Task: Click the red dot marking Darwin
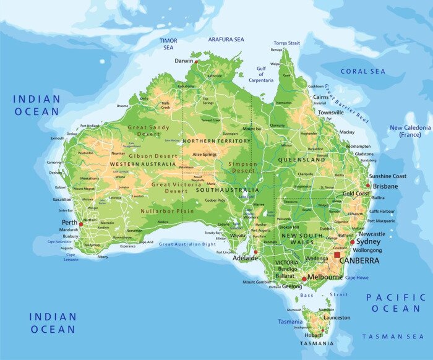[196, 61]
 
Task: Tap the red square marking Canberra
[337, 254]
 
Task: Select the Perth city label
[69, 222]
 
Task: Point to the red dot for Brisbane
[368, 186]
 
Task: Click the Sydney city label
[369, 242]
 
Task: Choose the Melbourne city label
[325, 277]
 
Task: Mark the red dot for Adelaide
[255, 252]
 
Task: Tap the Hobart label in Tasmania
[311, 335]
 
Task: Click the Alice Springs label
[205, 154]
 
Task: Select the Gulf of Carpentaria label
[262, 75]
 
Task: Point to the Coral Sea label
[362, 72]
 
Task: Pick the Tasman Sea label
[393, 336]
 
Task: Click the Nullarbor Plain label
[167, 211]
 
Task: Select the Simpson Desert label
[242, 167]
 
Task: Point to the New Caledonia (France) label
[409, 131]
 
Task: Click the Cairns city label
[320, 97]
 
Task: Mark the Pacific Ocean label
[396, 302]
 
